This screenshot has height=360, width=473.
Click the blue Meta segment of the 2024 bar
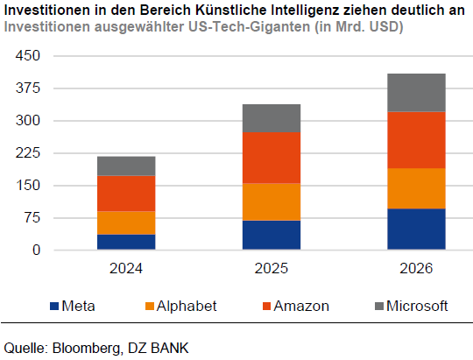pyautogui.click(x=126, y=242)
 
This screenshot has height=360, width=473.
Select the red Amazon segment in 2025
pyautogui.click(x=271, y=158)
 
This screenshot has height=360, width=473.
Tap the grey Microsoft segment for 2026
pyautogui.click(x=416, y=92)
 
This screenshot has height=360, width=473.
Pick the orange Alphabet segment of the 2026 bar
pyautogui.click(x=416, y=188)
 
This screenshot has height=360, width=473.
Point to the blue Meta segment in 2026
pyautogui.click(x=416, y=229)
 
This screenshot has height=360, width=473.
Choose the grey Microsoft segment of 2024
pyautogui.click(x=126, y=166)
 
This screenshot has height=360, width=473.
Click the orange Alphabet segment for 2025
pyautogui.click(x=271, y=201)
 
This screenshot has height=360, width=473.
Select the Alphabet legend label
pyautogui.click(x=186, y=306)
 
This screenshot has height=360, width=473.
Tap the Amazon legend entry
pyautogui.click(x=301, y=306)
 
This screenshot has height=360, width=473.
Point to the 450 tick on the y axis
pyautogui.click(x=29, y=56)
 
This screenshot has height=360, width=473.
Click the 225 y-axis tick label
pyautogui.click(x=29, y=153)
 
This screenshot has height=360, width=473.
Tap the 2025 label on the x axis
pyautogui.click(x=271, y=270)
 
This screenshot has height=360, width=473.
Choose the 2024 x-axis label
pyautogui.click(x=126, y=270)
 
